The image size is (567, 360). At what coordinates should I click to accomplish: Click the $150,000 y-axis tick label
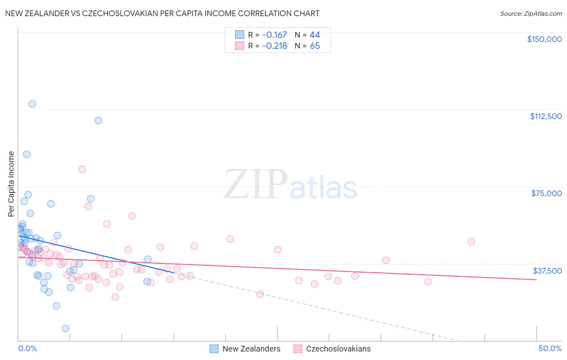tap(544, 39)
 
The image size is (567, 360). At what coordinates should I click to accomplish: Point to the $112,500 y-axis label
tap(546, 116)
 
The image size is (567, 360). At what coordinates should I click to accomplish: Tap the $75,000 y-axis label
tap(546, 193)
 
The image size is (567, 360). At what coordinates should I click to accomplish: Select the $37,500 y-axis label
tap(547, 271)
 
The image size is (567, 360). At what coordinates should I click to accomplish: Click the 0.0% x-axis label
tap(27, 348)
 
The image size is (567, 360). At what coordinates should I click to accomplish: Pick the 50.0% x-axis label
tap(550, 348)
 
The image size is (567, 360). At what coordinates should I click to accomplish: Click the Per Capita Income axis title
tap(11, 184)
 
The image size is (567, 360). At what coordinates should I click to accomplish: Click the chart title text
tap(162, 14)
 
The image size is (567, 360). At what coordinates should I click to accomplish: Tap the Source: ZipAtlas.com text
tap(531, 14)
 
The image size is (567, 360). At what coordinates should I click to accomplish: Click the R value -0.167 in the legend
tap(274, 35)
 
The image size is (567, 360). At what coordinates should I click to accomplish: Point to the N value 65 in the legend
tap(315, 46)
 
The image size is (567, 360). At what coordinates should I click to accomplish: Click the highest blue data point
tap(32, 104)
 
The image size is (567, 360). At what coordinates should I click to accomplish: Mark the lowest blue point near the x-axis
tap(65, 329)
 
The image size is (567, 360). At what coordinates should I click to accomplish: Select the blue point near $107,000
tap(98, 121)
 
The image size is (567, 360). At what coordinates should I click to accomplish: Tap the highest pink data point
tap(82, 170)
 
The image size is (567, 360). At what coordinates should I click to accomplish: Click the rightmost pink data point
tap(471, 242)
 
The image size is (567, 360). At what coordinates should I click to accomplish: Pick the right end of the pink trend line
tap(536, 279)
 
